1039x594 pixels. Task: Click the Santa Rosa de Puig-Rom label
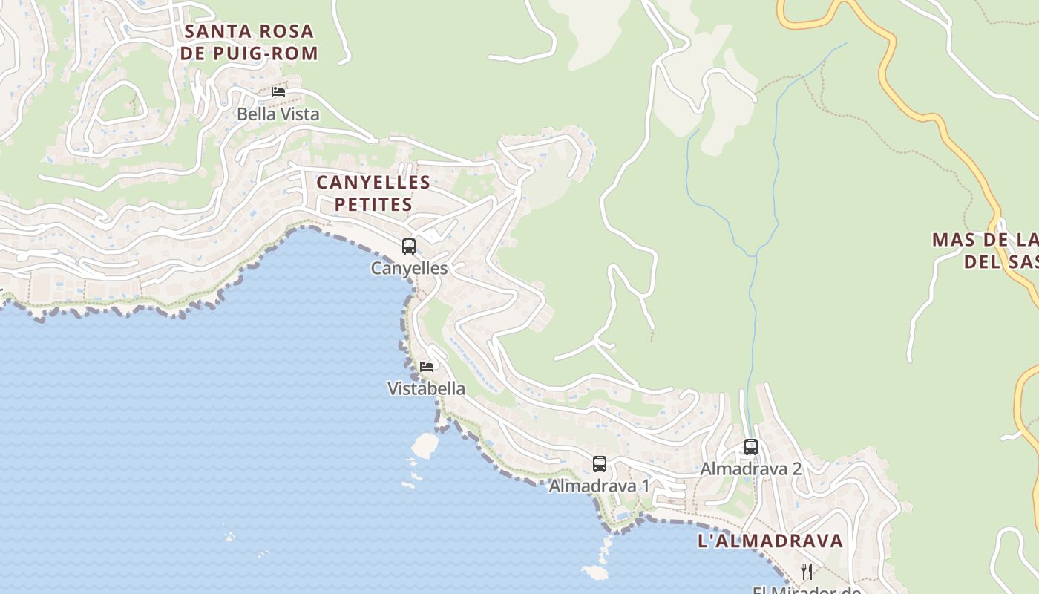pyautogui.click(x=249, y=42)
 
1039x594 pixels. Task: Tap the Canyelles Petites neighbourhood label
pyautogui.click(x=373, y=193)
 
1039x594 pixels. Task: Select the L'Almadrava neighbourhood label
pyautogui.click(x=770, y=541)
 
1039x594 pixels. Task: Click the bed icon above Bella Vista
pyautogui.click(x=278, y=92)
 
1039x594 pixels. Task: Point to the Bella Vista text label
pyautogui.click(x=278, y=114)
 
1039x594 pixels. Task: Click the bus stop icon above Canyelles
pyautogui.click(x=409, y=247)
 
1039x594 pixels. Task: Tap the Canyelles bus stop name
pyautogui.click(x=409, y=268)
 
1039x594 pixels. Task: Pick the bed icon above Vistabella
pyautogui.click(x=427, y=367)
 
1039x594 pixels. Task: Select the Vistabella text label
pyautogui.click(x=427, y=388)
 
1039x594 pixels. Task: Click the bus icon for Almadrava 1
pyautogui.click(x=600, y=464)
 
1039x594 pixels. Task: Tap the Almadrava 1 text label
pyautogui.click(x=599, y=486)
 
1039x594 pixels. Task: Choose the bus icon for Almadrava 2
pyautogui.click(x=751, y=447)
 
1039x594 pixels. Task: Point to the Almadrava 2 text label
pyautogui.click(x=751, y=469)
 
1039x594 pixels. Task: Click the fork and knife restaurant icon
pyautogui.click(x=807, y=571)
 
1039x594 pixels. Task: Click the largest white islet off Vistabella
pyautogui.click(x=425, y=445)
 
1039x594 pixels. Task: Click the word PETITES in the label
pyautogui.click(x=373, y=204)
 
